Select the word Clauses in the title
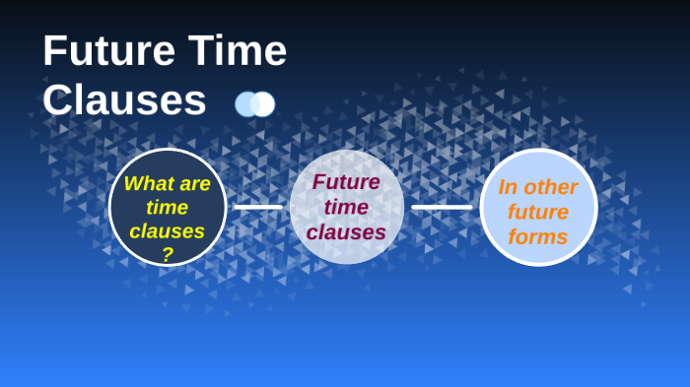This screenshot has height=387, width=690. pos(124,99)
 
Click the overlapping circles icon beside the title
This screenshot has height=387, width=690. pos(254,103)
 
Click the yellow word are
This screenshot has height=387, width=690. pos(195,183)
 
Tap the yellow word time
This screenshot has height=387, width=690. pos(167,207)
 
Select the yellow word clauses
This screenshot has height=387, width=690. pos(167,231)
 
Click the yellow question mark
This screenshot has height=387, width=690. pos(167,254)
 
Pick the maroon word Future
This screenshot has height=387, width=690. pos(346,182)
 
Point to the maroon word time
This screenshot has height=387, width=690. pos(346,207)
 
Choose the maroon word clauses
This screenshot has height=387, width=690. pos(346,232)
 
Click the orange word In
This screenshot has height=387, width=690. pos(508,187)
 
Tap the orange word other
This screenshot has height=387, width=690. pos(551,187)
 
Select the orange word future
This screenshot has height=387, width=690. pos(538,212)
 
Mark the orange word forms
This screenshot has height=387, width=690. pos(538,237)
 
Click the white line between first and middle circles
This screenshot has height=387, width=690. pos(258,207)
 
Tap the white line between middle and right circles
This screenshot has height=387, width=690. pos(442,207)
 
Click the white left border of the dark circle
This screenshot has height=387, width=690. pos(109,207)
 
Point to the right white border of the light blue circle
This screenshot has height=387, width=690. pos(596,207)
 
